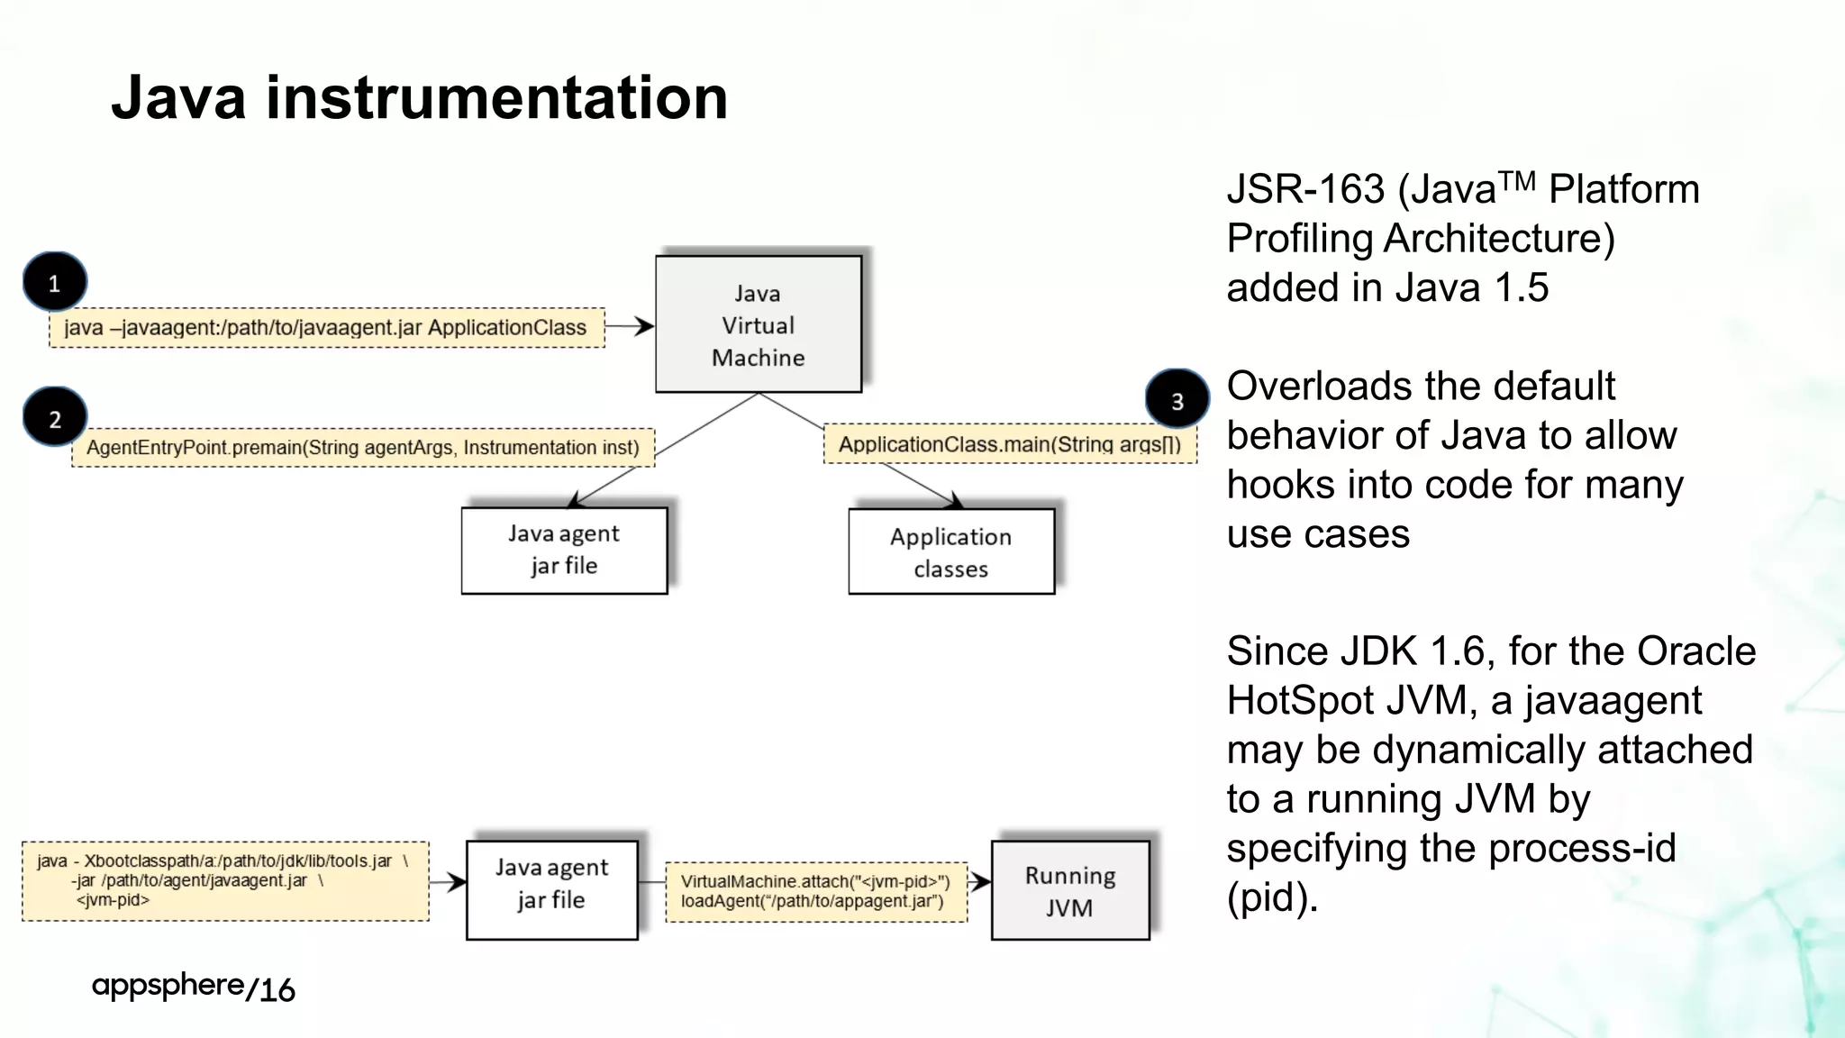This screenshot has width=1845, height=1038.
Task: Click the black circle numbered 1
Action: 55,282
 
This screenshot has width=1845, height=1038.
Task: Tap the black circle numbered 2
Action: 55,417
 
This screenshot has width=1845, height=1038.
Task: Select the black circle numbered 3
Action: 1177,399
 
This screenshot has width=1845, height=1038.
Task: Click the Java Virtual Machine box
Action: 758,324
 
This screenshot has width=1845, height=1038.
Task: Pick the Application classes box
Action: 950,551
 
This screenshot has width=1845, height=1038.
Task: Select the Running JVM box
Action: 1069,890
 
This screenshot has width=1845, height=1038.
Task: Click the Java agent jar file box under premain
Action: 564,550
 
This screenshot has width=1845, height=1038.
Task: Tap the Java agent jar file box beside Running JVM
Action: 551,890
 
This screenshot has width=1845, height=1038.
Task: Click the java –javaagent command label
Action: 325,328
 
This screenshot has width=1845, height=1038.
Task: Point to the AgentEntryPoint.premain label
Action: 362,448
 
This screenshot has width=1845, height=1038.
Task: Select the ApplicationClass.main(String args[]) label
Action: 1009,444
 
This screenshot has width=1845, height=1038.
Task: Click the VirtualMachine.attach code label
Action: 815,891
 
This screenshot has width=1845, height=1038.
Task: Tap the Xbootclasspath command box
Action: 225,880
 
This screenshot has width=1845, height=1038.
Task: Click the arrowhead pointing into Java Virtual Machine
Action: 645,326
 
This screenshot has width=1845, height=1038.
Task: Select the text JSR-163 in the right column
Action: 1304,190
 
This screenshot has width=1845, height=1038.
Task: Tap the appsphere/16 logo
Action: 193,987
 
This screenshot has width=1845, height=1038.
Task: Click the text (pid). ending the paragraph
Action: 1271,897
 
